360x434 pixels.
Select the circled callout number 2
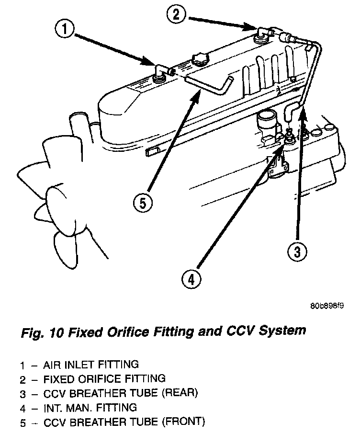pyautogui.click(x=176, y=14)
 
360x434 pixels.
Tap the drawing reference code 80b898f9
pyautogui.click(x=326, y=304)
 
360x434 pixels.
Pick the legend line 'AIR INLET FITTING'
pyautogui.click(x=90, y=365)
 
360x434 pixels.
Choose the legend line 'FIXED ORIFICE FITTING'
pyautogui.click(x=104, y=379)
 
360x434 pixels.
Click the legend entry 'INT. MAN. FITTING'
pyautogui.click(x=90, y=408)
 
